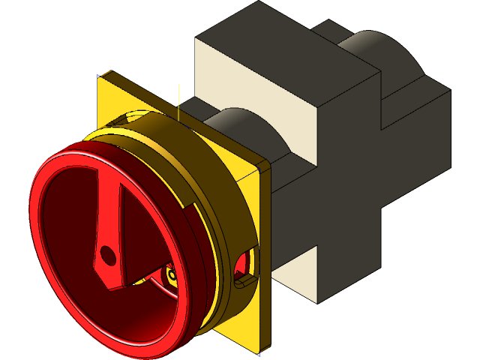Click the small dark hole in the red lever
click(109, 256)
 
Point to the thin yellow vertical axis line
click(178, 101)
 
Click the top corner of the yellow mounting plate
click(102, 75)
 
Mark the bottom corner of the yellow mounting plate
click(259, 352)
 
